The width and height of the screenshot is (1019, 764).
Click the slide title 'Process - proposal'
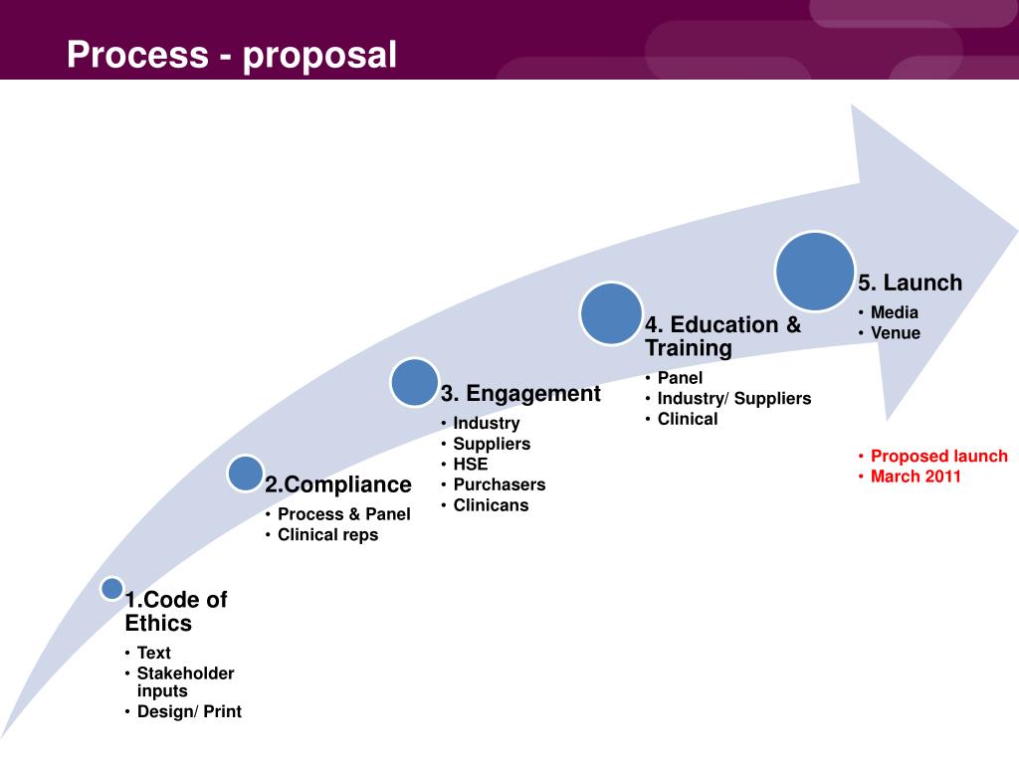pos(232,55)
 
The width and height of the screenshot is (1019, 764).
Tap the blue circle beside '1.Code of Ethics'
pos(112,588)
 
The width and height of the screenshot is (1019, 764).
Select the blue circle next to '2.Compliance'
pos(245,474)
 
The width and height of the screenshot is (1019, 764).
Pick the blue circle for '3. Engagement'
pos(414,383)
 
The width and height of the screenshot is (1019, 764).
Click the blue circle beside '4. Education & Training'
pos(611,313)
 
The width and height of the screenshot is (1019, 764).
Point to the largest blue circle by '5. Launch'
pos(815,271)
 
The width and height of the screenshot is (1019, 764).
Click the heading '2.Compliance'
pos(338,485)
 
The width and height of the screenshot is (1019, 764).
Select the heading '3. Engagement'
pos(520,394)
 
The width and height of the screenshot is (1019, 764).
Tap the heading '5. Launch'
pos(911,284)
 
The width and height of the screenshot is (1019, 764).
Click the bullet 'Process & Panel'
pos(343,514)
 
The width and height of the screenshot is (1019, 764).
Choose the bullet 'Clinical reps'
pos(327,535)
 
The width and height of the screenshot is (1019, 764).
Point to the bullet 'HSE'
pos(471,464)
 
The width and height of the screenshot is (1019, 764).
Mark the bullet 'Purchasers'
pos(500,484)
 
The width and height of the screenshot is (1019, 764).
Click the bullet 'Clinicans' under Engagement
pos(491,505)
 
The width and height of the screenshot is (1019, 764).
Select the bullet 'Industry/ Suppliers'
pos(734,399)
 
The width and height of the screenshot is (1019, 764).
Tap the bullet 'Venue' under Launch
pos(896,333)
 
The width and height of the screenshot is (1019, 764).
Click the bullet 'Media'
pos(895,312)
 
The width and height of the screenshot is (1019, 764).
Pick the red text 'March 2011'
pos(916,477)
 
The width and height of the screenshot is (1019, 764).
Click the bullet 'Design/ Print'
pos(189,712)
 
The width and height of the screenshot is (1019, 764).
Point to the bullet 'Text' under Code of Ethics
pos(154,654)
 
